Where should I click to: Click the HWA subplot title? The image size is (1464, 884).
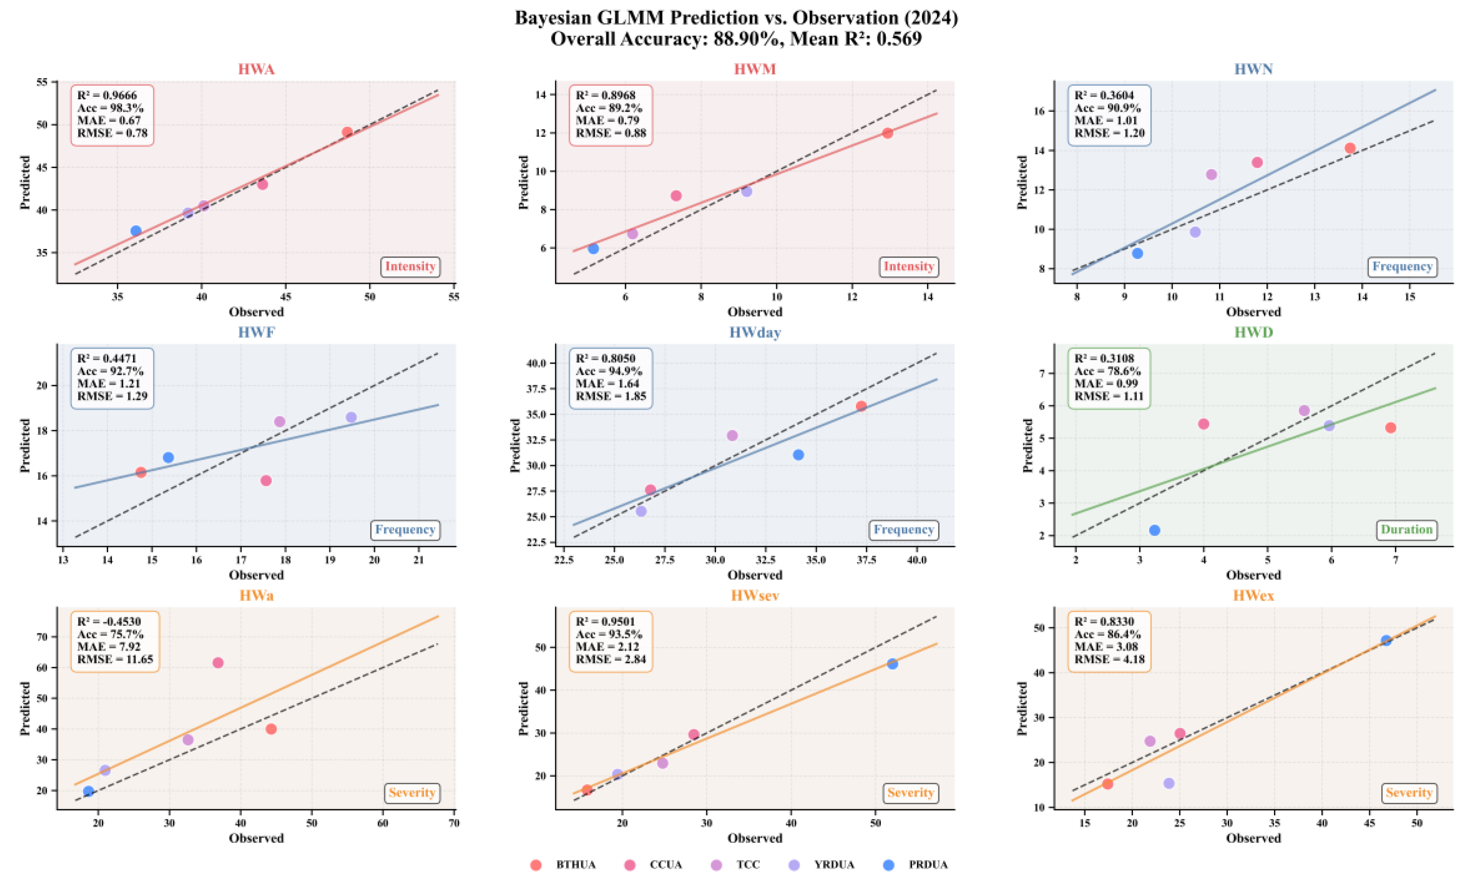pyautogui.click(x=256, y=69)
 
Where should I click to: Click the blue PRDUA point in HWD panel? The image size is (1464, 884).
pyautogui.click(x=1154, y=530)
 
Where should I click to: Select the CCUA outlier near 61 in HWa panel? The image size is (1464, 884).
pyautogui.click(x=218, y=662)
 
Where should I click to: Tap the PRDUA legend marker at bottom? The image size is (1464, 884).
pyautogui.click(x=889, y=865)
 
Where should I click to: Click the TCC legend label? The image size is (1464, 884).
pyautogui.click(x=748, y=865)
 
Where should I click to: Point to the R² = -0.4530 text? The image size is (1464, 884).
pyautogui.click(x=109, y=622)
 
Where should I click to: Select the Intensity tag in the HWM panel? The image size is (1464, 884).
pyautogui.click(x=909, y=266)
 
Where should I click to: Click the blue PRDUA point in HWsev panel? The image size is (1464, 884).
pyautogui.click(x=892, y=664)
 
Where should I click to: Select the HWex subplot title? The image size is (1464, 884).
pyautogui.click(x=1253, y=595)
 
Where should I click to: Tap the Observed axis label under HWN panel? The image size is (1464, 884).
pyautogui.click(x=1253, y=312)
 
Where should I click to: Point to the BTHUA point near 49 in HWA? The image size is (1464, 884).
pyautogui.click(x=348, y=132)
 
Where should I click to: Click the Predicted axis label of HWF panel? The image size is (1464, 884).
pyautogui.click(x=25, y=446)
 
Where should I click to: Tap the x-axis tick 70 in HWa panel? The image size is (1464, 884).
pyautogui.click(x=454, y=823)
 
